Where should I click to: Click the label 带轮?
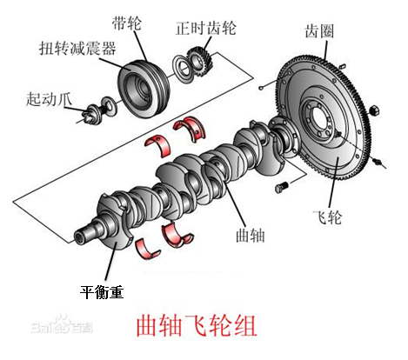tap(127, 23)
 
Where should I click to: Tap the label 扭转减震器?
tap(77, 48)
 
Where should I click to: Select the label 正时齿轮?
tap(206, 29)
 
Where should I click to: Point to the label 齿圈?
tap(319, 31)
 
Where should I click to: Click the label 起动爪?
tap(49, 99)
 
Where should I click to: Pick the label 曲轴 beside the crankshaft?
tap(251, 235)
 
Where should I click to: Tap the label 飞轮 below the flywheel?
tap(327, 217)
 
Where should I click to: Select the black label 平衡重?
tap(102, 292)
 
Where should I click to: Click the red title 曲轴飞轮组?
tap(197, 326)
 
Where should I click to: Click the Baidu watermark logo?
tap(62, 325)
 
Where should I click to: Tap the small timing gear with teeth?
tap(200, 63)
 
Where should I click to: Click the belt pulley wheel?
tap(144, 89)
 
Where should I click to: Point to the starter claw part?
tap(93, 114)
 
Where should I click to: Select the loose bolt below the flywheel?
tap(282, 187)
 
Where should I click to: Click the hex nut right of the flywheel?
tap(374, 110)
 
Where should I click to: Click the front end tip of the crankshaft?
tap(79, 237)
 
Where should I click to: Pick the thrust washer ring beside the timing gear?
tap(183, 69)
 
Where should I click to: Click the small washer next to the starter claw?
tap(109, 106)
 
